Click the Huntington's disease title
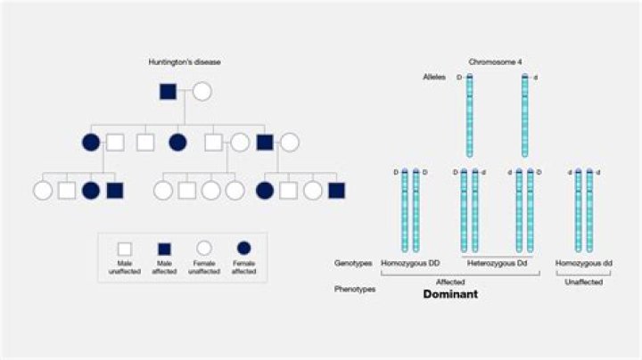[x=184, y=61]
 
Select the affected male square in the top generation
[x=167, y=91]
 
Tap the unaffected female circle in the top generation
[x=202, y=91]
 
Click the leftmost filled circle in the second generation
[x=90, y=141]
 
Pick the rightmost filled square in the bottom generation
[x=335, y=190]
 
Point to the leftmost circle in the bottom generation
[x=42, y=190]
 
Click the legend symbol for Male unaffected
[x=126, y=249]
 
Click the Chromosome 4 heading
[x=495, y=61]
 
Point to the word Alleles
[x=435, y=78]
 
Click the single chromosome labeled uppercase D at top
[x=470, y=116]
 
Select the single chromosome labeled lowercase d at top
[x=524, y=116]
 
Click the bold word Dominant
[x=450, y=294]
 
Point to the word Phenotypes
[x=354, y=290]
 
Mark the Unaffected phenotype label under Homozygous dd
[x=583, y=282]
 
